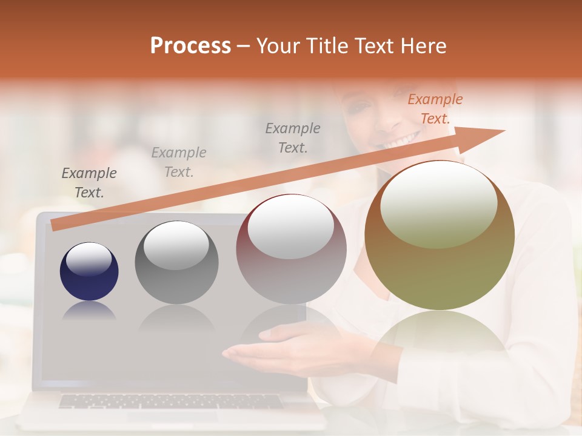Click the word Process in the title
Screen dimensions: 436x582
[190, 46]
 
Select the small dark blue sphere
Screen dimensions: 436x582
[89, 271]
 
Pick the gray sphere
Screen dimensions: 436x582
[176, 263]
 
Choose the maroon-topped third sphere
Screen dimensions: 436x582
[291, 249]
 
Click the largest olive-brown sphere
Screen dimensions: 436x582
[440, 236]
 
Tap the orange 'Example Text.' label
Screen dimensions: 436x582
[435, 109]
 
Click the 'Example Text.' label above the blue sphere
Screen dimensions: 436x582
[89, 183]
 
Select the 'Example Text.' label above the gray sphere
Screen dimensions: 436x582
[179, 162]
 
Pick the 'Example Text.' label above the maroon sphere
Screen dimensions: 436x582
[293, 137]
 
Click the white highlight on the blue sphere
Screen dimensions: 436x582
[89, 259]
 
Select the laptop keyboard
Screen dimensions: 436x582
[170, 401]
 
